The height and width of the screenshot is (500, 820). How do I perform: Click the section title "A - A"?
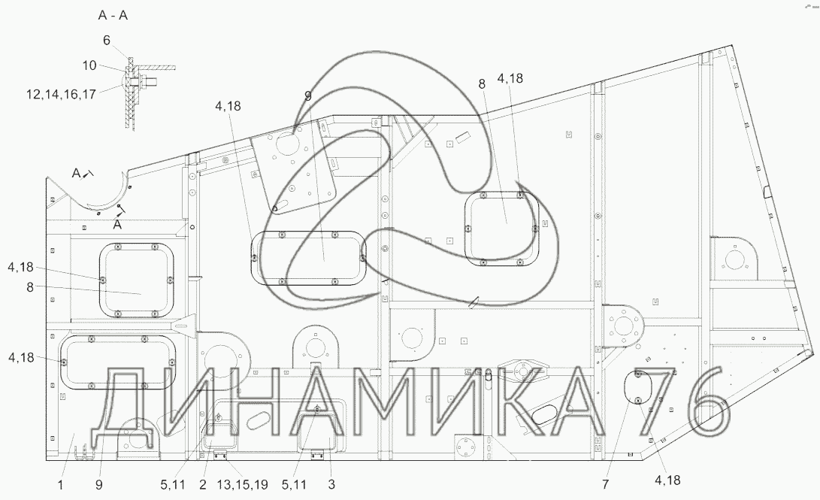[113, 15]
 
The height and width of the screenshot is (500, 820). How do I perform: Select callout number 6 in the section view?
[107, 41]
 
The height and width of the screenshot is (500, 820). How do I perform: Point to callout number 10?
[89, 65]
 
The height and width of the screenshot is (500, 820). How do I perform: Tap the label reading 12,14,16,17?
[61, 94]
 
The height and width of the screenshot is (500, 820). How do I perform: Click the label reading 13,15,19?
[242, 485]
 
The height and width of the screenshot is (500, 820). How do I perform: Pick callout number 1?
[60, 485]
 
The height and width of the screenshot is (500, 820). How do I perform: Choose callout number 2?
[203, 485]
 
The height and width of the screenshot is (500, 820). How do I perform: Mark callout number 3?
[331, 485]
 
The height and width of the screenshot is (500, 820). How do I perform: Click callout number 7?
[605, 484]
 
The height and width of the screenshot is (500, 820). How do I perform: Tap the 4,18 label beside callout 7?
[667, 480]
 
